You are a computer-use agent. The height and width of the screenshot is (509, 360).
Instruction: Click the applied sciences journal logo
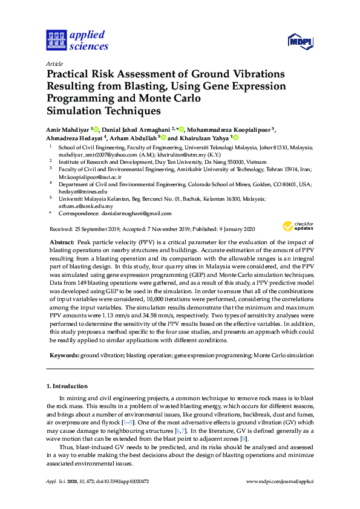click(77, 40)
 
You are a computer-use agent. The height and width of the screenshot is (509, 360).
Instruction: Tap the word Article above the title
click(54, 63)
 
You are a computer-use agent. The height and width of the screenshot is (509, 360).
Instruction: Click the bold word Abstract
click(61, 242)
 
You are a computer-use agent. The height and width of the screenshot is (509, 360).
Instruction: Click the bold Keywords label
click(64, 356)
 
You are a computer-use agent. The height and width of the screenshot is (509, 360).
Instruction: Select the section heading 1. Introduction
click(67, 386)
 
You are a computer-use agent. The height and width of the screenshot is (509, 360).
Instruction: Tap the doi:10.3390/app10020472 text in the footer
click(122, 481)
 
